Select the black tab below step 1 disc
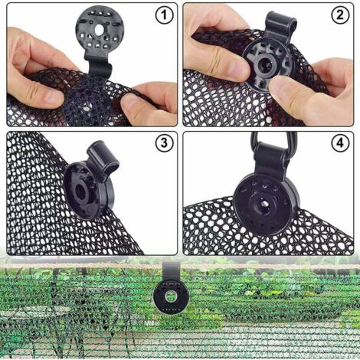pyautogui.click(x=95, y=68)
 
